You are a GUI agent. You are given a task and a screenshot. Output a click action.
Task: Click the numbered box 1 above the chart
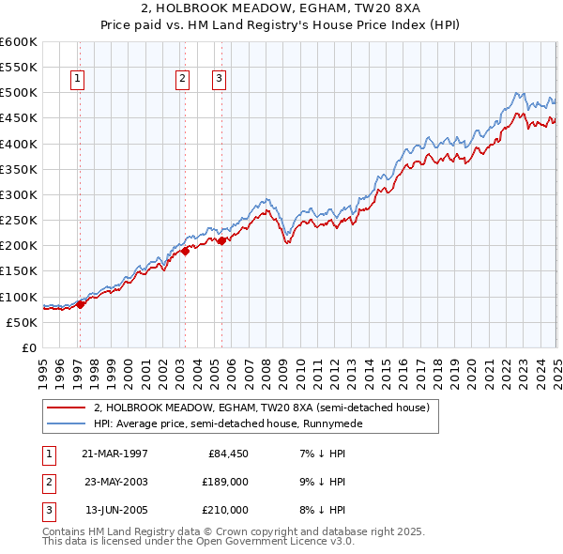76,80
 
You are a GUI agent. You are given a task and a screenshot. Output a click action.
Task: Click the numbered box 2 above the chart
182,80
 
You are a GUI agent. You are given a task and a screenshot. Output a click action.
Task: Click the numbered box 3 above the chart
218,80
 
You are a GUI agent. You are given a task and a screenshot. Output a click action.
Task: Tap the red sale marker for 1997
81,304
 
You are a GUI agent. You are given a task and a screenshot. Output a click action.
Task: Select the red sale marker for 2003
186,251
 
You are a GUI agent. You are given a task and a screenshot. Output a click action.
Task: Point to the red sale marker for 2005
222,240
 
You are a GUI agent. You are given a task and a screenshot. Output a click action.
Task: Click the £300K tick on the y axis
19,195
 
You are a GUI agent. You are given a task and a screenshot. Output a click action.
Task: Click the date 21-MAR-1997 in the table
114,454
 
